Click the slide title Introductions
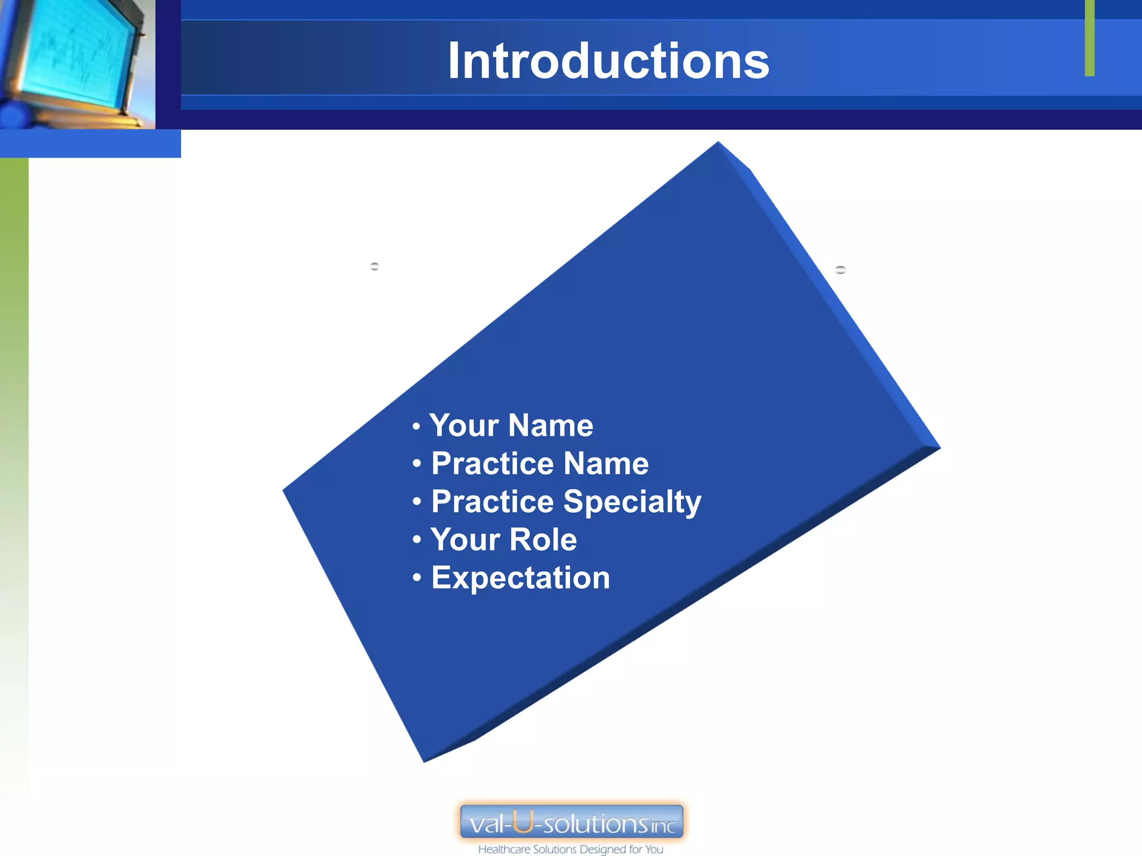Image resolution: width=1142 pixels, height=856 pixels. (608, 61)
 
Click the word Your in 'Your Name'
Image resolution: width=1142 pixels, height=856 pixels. (463, 425)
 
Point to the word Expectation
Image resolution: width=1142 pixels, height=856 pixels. (520, 577)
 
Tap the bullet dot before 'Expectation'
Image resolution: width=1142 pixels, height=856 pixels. (417, 578)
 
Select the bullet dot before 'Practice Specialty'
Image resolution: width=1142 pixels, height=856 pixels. (417, 502)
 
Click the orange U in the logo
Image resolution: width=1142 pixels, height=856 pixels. (523, 821)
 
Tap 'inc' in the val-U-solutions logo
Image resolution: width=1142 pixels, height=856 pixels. (663, 826)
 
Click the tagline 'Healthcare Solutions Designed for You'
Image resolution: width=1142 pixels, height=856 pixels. (570, 849)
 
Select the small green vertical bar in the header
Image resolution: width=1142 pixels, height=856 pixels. (1090, 38)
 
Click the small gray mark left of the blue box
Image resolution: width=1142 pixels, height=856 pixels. (375, 266)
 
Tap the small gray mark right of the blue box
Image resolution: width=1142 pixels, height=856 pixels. (840, 270)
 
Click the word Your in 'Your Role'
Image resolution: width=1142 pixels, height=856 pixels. (464, 539)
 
